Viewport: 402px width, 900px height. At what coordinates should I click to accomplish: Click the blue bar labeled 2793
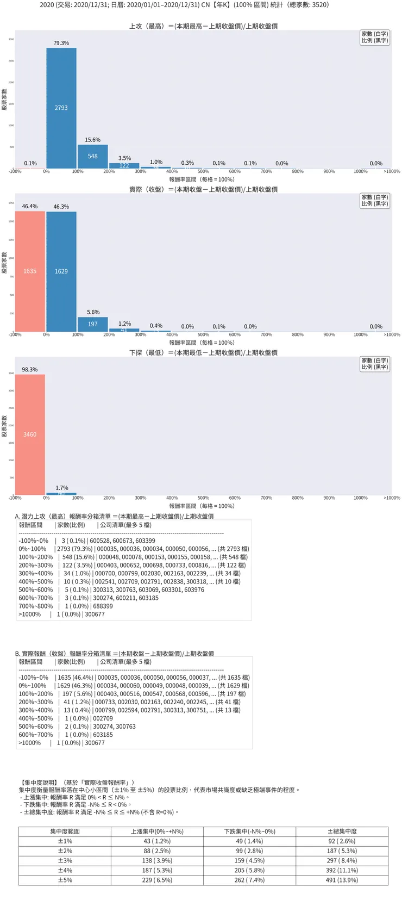(61, 108)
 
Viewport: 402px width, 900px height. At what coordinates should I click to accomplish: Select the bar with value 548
(92, 156)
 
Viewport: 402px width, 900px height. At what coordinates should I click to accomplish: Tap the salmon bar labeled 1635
(30, 271)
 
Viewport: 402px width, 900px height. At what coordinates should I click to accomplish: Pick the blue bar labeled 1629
(61, 271)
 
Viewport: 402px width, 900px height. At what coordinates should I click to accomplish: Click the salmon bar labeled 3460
(30, 434)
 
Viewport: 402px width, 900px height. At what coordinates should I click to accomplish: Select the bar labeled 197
(92, 324)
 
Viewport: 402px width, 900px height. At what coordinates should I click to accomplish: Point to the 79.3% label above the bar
(61, 43)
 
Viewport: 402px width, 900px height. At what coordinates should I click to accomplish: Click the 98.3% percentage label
(30, 369)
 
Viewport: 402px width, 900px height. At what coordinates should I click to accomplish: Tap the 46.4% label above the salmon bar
(30, 206)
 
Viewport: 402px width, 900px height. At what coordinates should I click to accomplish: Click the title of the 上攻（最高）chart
(203, 26)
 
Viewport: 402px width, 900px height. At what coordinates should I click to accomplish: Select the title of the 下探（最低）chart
(203, 352)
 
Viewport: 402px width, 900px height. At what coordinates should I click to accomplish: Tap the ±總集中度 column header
(342, 831)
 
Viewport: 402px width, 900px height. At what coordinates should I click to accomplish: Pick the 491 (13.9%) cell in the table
(342, 880)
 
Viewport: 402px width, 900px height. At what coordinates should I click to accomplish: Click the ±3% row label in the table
(65, 860)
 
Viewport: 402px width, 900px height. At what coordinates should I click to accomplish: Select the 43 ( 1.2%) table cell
(157, 841)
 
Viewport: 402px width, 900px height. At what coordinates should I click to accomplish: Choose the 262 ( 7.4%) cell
(249, 880)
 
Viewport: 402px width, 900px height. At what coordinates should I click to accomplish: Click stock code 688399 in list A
(103, 606)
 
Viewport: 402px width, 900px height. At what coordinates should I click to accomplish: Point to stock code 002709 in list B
(103, 718)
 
